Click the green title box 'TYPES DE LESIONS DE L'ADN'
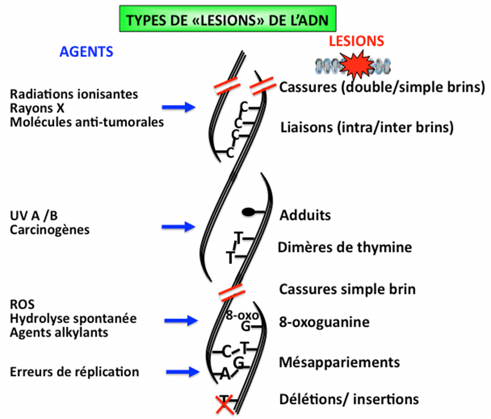[x=228, y=19]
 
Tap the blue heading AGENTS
[x=86, y=51]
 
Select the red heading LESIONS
[x=356, y=41]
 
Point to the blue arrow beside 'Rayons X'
[x=178, y=108]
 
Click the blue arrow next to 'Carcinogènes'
[x=178, y=227]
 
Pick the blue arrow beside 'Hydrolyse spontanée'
[x=180, y=320]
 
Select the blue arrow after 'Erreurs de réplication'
[x=182, y=372]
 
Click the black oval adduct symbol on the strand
[x=248, y=212]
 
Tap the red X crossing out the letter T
[x=224, y=404]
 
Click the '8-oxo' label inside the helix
[x=242, y=316]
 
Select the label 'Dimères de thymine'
[x=345, y=248]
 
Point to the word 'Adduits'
[x=305, y=215]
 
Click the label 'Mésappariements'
[x=339, y=362]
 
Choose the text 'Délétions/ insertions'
[x=349, y=399]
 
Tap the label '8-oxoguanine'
[x=324, y=322]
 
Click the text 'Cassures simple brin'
[x=347, y=289]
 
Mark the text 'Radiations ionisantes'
[x=74, y=94]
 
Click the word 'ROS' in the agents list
[x=22, y=305]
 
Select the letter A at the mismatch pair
[x=224, y=375]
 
